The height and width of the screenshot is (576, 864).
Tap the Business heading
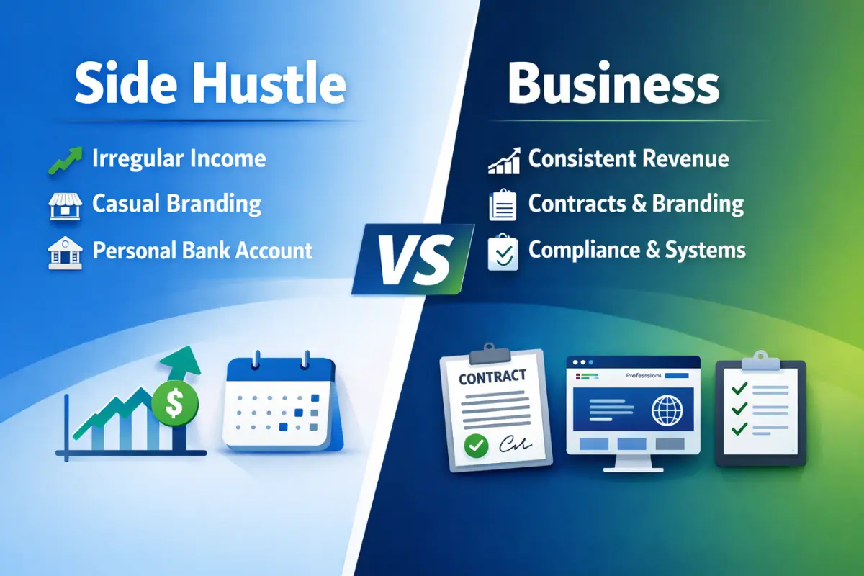click(613, 84)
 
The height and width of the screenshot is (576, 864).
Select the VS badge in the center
click(413, 258)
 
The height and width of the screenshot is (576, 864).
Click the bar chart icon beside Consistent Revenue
click(503, 161)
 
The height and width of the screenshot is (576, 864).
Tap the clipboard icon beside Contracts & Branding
click(503, 205)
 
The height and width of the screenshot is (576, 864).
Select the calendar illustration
click(281, 403)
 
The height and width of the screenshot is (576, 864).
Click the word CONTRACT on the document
click(492, 376)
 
